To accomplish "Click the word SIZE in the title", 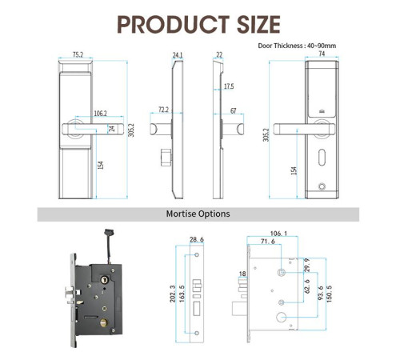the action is click(x=258, y=25).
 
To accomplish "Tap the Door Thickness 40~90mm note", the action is click(x=297, y=46).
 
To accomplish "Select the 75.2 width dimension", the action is click(x=78, y=54).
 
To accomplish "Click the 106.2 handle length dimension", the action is click(x=100, y=113).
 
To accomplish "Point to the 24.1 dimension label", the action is click(x=178, y=55).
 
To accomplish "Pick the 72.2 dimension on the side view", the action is click(x=163, y=110).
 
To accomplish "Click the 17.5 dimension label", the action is click(x=229, y=86).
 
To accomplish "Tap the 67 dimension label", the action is click(x=234, y=110).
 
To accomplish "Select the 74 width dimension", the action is click(x=322, y=54).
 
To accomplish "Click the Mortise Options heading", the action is click(x=198, y=214).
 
